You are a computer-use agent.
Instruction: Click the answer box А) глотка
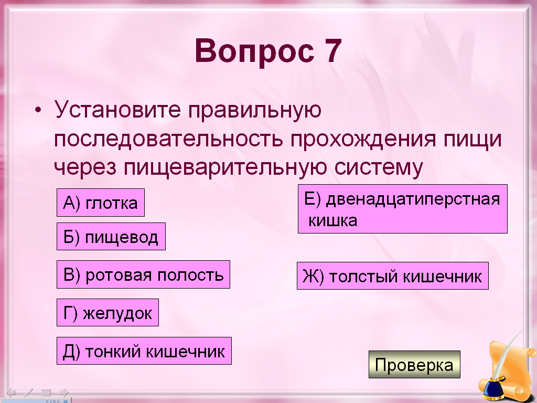click(101, 203)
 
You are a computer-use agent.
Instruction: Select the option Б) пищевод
click(111, 237)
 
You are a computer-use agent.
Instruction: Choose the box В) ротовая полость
click(143, 274)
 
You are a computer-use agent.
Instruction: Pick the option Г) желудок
click(108, 313)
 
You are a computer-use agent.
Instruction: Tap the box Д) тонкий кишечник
click(144, 351)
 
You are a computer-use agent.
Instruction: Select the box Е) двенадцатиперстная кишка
click(402, 209)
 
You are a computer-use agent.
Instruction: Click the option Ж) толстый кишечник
click(392, 276)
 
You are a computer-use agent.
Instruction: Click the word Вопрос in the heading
click(254, 51)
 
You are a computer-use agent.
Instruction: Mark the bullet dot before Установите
click(38, 110)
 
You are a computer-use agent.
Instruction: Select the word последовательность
click(168, 139)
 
